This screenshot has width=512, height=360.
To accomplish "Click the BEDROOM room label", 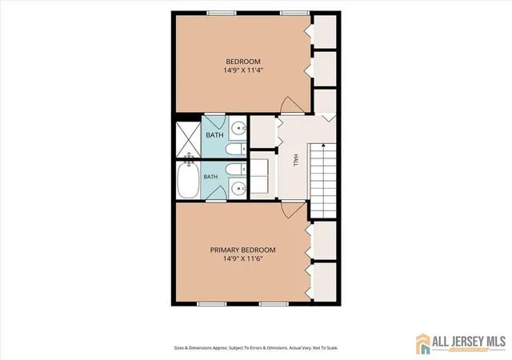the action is (243, 62).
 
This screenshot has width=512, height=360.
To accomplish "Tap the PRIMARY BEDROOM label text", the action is (242, 250).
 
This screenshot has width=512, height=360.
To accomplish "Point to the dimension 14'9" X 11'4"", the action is (243, 70).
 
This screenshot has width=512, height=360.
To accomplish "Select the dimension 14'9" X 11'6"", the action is (243, 258).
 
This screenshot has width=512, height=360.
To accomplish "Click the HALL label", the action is (296, 160).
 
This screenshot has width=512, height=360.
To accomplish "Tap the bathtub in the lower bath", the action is (189, 180).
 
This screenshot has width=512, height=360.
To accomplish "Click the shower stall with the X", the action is (189, 139).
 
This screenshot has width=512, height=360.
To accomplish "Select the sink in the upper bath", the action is (238, 128).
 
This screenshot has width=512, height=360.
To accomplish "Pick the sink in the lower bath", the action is (238, 188).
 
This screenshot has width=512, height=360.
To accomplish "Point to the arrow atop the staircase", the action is (323, 145).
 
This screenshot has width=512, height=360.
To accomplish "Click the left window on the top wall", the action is (222, 13).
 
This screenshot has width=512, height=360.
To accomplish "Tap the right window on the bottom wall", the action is (274, 304).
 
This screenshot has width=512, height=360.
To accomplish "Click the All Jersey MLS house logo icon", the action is (423, 344).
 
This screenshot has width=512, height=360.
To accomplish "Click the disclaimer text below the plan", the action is (256, 348).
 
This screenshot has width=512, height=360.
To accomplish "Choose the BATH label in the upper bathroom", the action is (215, 135).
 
